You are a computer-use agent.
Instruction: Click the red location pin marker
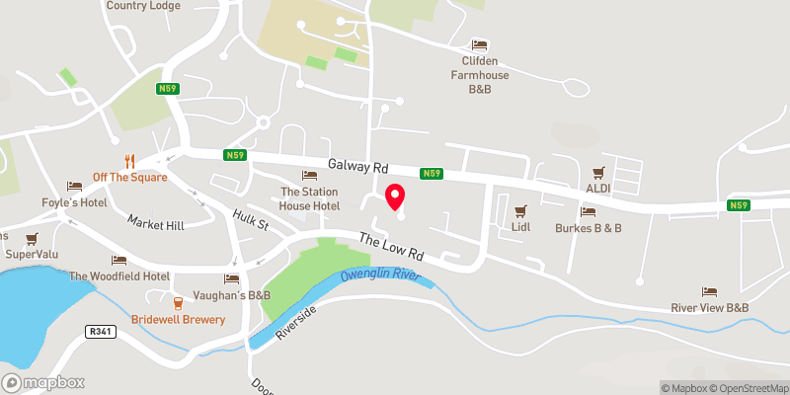click(395, 197)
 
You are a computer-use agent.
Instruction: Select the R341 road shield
click(101, 332)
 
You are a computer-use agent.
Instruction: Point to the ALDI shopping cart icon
click(597, 172)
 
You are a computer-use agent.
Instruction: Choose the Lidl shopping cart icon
click(520, 210)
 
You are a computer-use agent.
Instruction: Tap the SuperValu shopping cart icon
click(32, 238)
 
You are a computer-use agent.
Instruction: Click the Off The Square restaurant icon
click(129, 161)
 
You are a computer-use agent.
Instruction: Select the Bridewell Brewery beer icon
click(179, 303)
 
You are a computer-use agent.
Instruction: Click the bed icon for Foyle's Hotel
click(74, 187)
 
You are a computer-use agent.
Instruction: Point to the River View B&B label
click(709, 308)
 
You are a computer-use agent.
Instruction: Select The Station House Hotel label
click(310, 198)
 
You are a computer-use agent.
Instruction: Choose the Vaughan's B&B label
click(232, 295)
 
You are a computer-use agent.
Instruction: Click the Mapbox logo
click(43, 382)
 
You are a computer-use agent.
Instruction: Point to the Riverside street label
click(296, 322)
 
